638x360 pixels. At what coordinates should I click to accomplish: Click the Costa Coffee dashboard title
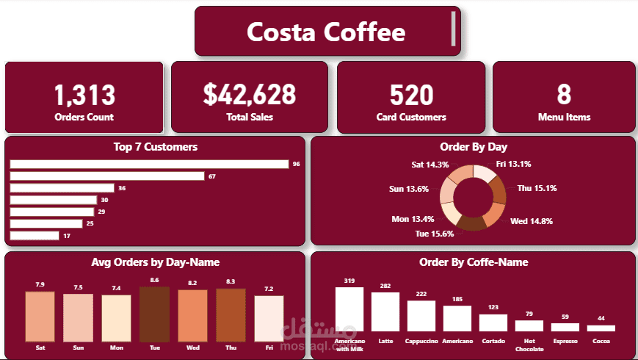coord(325,32)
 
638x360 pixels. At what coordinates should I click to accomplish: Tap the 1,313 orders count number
coord(84,95)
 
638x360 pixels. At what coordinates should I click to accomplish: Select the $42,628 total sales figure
coord(250,95)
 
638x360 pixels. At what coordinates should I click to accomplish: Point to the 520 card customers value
coord(411,95)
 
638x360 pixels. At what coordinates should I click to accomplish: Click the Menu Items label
coord(564,117)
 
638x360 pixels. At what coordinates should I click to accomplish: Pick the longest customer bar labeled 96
coord(149,164)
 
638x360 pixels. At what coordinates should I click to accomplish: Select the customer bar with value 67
coord(107,176)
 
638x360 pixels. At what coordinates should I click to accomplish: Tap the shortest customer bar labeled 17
coord(34,236)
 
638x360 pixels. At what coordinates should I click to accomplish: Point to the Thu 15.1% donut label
coord(537,188)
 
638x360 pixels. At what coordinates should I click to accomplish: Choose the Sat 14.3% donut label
coord(429,165)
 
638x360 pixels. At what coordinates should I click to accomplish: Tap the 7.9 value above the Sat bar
coord(40,284)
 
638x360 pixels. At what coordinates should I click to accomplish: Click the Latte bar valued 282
coord(385,312)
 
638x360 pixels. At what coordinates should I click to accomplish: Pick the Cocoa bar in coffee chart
coord(601,328)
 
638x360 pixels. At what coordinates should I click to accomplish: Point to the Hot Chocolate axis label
coord(529,344)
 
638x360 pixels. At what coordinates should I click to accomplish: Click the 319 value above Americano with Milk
coord(349,281)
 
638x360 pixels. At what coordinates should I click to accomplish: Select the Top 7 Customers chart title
coord(155,147)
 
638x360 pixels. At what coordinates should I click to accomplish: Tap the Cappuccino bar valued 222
coord(421,316)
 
